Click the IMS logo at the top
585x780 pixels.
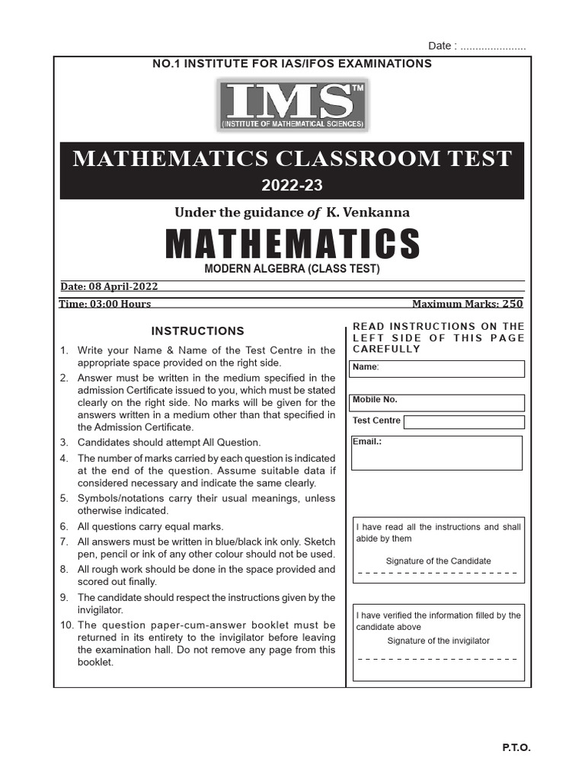[x=292, y=104]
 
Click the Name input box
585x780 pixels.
[x=437, y=369]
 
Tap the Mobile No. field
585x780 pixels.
[x=437, y=403]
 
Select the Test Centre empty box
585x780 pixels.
[x=464, y=422]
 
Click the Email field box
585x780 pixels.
[x=436, y=453]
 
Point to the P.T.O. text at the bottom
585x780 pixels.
[x=516, y=748]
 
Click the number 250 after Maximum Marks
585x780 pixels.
[x=512, y=303]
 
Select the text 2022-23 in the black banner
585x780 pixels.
[x=292, y=185]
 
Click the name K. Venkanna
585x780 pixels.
[x=369, y=213]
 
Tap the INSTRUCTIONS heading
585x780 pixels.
[x=197, y=331]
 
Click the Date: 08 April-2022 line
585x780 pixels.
[x=109, y=286]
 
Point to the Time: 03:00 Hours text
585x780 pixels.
[x=105, y=303]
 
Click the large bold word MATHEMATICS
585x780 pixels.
[x=292, y=244]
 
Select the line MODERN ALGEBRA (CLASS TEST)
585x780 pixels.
[x=292, y=269]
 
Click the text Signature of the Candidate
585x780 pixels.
[x=438, y=561]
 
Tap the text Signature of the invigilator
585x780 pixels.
[x=438, y=641]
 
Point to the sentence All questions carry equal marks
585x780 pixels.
[x=151, y=526]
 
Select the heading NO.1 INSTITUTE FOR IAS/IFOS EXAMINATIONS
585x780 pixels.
[x=292, y=63]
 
